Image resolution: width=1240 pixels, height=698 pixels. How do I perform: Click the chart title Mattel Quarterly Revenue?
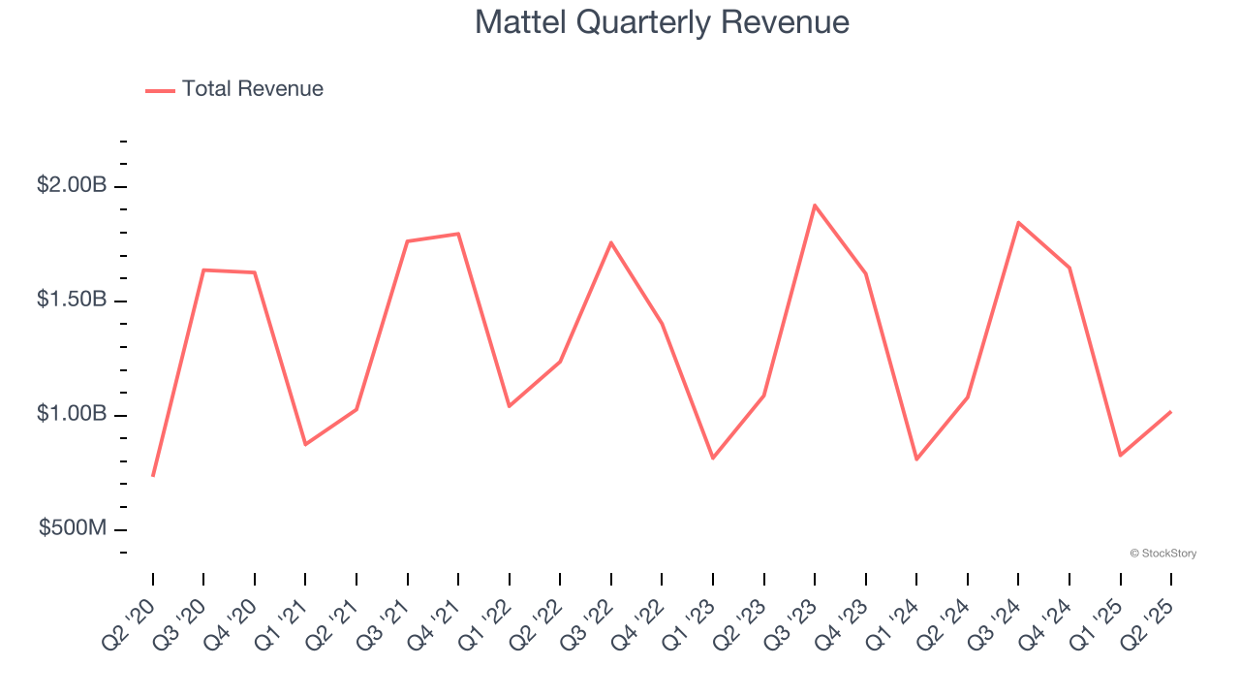click(x=662, y=22)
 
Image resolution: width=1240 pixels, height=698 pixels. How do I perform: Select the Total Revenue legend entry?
click(x=234, y=89)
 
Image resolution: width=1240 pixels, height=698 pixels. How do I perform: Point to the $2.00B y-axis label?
click(x=72, y=185)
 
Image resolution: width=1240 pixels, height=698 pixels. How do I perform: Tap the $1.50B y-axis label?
click(x=72, y=300)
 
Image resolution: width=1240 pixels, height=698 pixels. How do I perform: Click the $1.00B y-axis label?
click(x=72, y=414)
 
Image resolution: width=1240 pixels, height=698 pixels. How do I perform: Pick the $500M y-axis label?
click(x=73, y=528)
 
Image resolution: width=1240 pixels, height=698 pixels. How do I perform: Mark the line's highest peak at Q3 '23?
click(x=815, y=206)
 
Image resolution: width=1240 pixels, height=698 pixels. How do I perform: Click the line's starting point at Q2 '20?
click(x=153, y=475)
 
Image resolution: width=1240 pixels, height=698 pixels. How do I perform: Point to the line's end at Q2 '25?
click(x=1170, y=412)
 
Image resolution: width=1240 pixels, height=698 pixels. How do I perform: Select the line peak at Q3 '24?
click(x=1018, y=223)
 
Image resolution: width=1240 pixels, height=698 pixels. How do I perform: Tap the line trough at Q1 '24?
click(x=916, y=459)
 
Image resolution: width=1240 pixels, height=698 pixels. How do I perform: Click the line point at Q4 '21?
click(x=458, y=234)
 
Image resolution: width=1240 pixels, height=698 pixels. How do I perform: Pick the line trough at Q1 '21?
click(x=305, y=444)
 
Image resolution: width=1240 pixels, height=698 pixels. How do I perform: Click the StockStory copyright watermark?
click(x=1162, y=554)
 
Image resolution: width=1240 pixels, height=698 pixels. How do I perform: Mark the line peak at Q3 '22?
click(x=611, y=242)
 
